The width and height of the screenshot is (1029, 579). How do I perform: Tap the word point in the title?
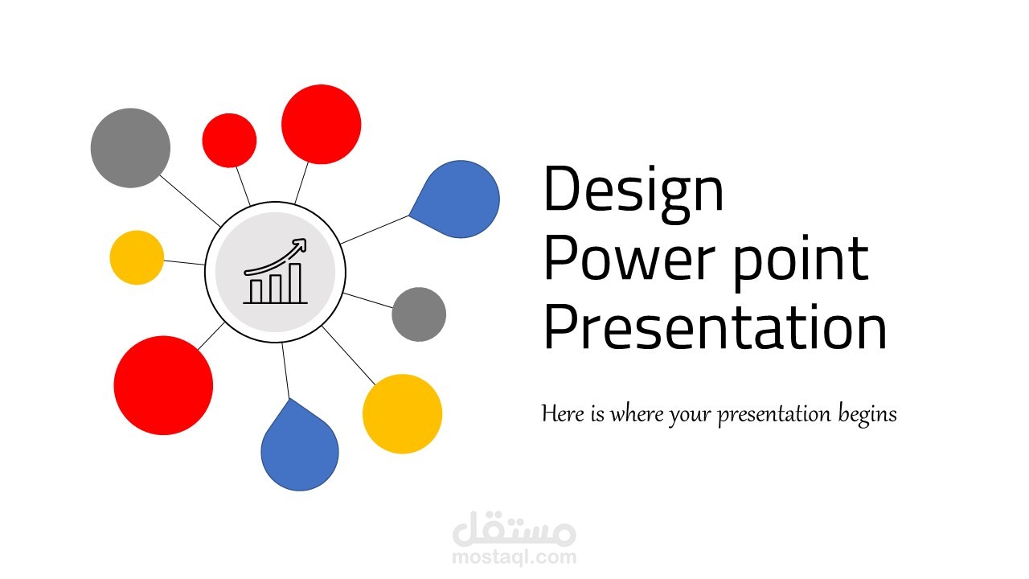[x=801, y=262]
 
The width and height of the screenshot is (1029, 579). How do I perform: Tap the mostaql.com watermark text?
[x=514, y=557]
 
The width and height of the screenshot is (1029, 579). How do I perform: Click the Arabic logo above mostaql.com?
[x=514, y=528]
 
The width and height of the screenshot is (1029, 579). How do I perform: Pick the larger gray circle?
[x=130, y=148]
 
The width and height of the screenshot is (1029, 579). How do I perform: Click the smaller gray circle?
[x=419, y=314]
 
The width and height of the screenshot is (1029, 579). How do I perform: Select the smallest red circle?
[x=229, y=140]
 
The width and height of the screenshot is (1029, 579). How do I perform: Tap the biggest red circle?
[x=163, y=385]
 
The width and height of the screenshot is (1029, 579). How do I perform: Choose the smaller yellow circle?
[x=137, y=257]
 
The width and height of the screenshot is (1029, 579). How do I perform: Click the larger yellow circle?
[x=403, y=413]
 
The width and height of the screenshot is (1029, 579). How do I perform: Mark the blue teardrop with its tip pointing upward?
[x=300, y=448]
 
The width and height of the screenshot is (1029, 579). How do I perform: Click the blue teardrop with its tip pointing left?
[x=457, y=199]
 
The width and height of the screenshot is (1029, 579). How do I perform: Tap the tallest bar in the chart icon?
[x=295, y=283]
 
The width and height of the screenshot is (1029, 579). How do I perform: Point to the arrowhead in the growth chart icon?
[x=300, y=244]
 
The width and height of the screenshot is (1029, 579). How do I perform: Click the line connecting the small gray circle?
[x=368, y=301]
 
